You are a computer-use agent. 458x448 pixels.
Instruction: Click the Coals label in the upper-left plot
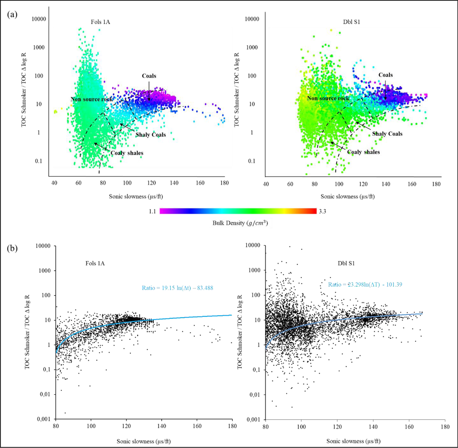(149, 76)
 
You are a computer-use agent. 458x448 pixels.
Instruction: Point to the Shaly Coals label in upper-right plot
(387, 134)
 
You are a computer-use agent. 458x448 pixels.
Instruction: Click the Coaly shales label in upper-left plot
(127, 153)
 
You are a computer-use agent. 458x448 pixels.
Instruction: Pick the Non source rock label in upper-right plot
(328, 99)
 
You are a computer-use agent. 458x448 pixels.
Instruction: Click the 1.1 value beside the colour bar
(152, 211)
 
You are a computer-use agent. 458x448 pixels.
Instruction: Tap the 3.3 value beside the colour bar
(323, 211)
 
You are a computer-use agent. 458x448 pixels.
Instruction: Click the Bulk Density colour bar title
(240, 223)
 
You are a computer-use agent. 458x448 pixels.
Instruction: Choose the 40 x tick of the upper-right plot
(266, 183)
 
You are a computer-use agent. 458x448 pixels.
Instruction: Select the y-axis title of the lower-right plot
(241, 332)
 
